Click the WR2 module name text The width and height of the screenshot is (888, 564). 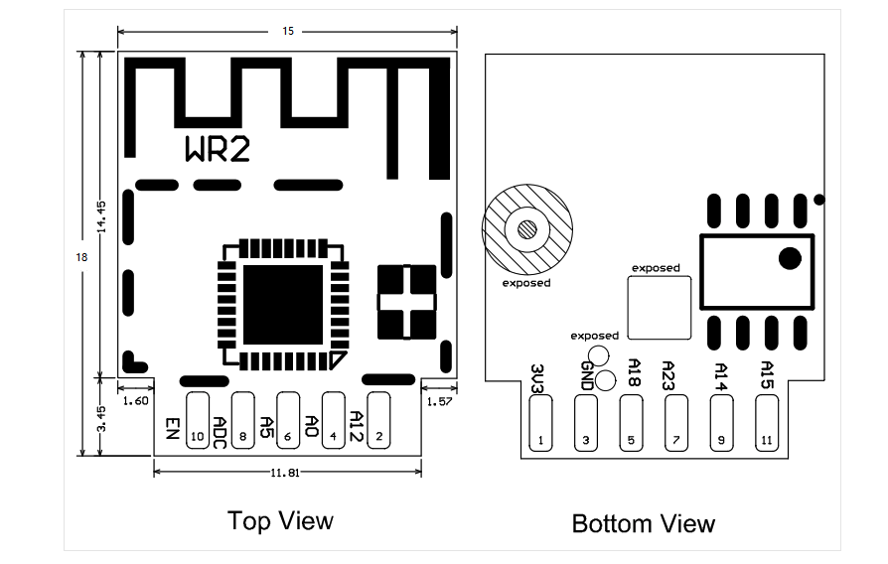tap(218, 149)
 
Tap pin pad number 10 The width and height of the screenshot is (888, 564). tap(197, 419)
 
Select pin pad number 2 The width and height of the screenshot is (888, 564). tap(378, 419)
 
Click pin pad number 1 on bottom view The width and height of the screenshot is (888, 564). tap(539, 424)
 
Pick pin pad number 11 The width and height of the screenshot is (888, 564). tap(766, 424)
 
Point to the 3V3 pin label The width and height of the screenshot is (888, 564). tap(537, 377)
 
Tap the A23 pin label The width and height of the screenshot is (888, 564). tap(668, 374)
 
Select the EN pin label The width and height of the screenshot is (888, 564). tap(172, 428)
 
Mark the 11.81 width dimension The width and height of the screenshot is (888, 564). tap(287, 472)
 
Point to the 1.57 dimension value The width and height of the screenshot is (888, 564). tap(440, 401)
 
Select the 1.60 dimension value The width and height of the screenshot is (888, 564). tap(135, 401)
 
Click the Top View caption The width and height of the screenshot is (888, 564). tap(280, 520)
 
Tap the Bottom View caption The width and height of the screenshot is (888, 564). tap(643, 523)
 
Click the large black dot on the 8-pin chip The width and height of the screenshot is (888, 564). tap(790, 258)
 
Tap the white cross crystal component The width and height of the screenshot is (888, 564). tap(407, 301)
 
